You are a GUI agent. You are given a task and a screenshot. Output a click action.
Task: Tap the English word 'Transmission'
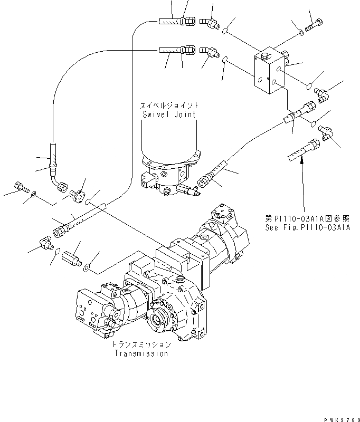tap(141, 353)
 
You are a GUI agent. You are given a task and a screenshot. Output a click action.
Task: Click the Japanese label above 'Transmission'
tap(141, 344)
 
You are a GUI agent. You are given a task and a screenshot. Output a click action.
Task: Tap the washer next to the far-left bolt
tap(34, 194)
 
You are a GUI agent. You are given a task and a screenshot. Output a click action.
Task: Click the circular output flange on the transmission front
tap(162, 319)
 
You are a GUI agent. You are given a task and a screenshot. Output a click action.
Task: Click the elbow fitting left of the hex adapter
tap(45, 243)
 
